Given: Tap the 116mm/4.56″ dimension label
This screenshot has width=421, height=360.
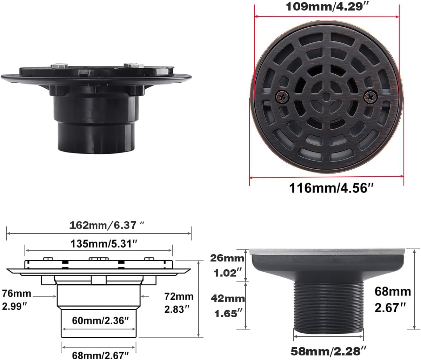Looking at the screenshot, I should point(330,188).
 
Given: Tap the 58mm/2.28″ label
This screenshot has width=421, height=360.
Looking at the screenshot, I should point(329,350).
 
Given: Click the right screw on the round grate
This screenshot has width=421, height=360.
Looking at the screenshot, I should point(370,95).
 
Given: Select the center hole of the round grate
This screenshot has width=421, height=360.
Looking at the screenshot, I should point(326,96).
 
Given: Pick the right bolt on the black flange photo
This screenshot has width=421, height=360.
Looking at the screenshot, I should point(133,65).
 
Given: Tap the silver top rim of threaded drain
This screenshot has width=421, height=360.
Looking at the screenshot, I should point(328,251).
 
